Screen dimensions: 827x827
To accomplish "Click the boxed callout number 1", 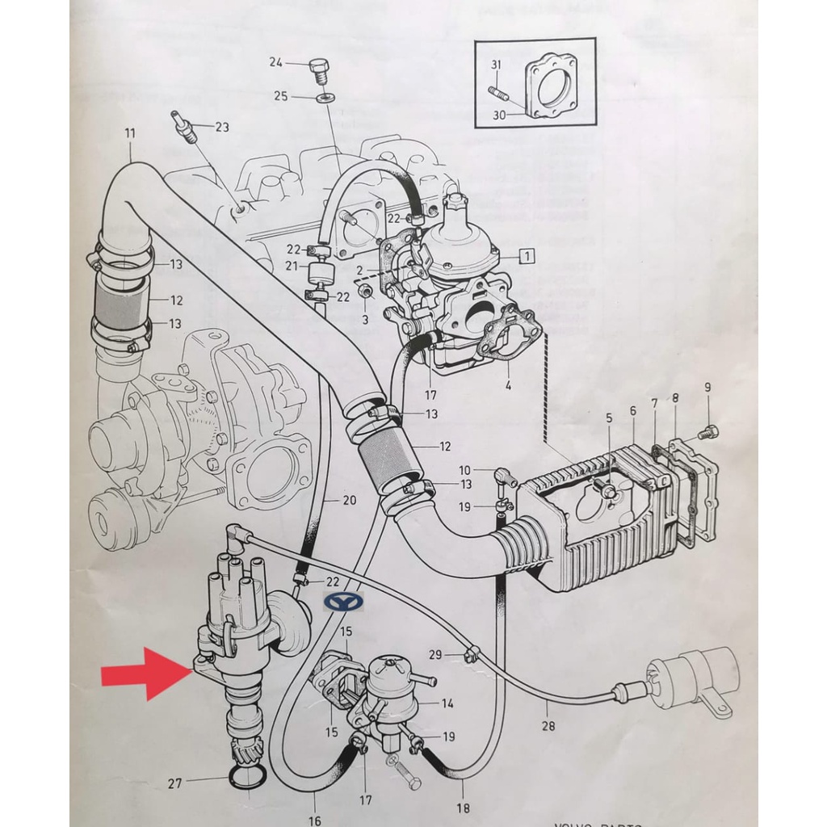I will tap(527, 257).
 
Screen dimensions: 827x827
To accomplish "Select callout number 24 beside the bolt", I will tap(275, 62).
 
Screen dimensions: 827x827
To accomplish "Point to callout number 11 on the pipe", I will tap(130, 133).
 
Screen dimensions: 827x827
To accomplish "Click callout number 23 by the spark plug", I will tap(221, 127).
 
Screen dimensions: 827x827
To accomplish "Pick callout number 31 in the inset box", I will tap(496, 65).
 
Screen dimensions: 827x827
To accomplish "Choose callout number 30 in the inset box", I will tap(498, 115).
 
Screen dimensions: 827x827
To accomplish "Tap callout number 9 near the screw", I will tap(707, 388).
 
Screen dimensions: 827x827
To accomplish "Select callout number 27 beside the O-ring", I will tap(174, 782).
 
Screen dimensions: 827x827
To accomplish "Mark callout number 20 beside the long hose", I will tap(349, 501).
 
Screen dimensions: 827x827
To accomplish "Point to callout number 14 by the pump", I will tap(447, 703).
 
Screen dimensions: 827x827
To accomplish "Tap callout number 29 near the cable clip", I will tap(436, 654).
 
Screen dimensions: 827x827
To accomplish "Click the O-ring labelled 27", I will tap(247, 777).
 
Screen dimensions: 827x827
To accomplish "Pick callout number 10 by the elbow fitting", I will tap(464, 470).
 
